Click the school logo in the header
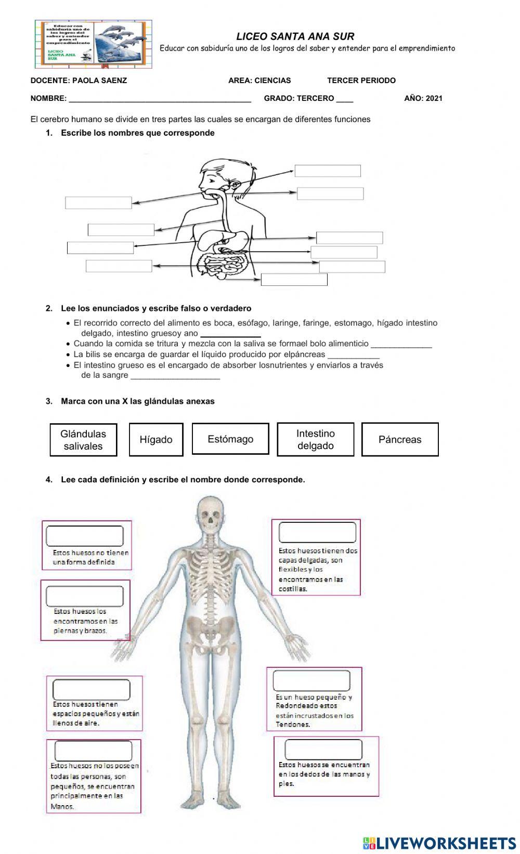coord(94,44)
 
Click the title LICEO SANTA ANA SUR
coord(295,36)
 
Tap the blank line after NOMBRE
coord(160,98)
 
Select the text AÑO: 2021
coord(423,98)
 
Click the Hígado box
coord(156,440)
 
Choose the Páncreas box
coord(400,440)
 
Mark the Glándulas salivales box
coord(83,440)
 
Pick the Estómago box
coord(230,439)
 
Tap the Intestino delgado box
coord(316,440)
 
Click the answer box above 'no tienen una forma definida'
coord(85,536)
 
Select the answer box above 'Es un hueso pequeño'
coord(311,680)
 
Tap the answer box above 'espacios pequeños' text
coord(91,690)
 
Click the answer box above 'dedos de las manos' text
coord(323,749)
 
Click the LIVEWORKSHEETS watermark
coord(439,843)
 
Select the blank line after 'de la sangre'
coord(175,376)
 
